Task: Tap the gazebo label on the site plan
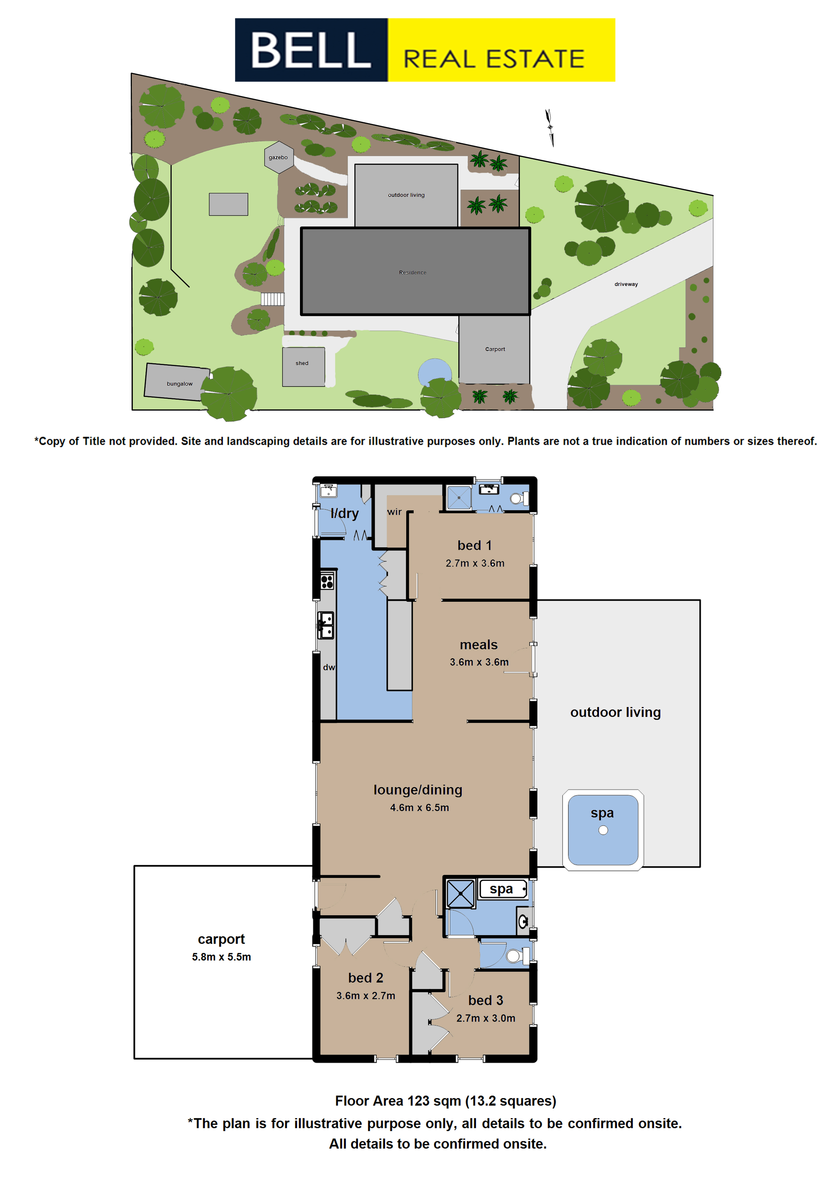click(278, 157)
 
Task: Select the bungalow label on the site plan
click(179, 383)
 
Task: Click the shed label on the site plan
click(302, 363)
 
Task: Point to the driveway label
click(626, 284)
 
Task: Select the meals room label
click(479, 644)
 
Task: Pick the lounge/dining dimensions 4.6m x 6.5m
click(419, 807)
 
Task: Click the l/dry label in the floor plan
click(345, 513)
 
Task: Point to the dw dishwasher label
click(329, 667)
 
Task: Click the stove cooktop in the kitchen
click(327, 581)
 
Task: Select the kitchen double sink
click(325, 625)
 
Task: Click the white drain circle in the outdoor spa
click(603, 830)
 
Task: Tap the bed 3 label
click(486, 1000)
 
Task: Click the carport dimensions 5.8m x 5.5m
click(222, 957)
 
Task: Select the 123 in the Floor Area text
click(418, 1101)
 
